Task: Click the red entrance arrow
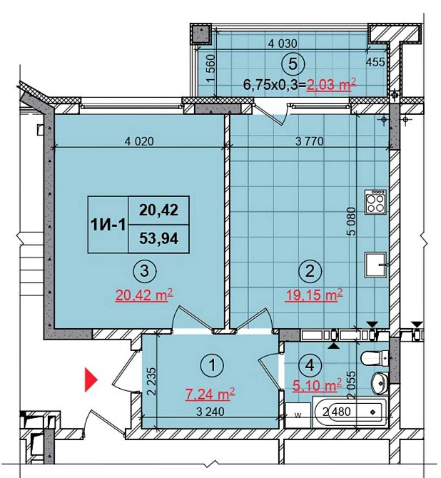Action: coord(91,380)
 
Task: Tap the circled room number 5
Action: coord(293,64)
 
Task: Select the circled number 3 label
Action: coord(145,270)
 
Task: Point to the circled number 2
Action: coord(310,270)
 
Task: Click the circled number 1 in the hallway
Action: coord(213,365)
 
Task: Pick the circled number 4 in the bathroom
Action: coord(310,365)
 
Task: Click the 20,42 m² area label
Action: coord(145,295)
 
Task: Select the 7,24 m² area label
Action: coord(211,395)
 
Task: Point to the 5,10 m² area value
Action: coord(317,385)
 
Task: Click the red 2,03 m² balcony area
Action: coord(332,84)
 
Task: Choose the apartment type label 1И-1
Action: coord(108,225)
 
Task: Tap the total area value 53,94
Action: coord(158,238)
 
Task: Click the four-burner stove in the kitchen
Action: coord(376,201)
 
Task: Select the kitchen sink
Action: coord(377,265)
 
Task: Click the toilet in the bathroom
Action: coord(375,358)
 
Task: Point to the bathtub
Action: coord(350,412)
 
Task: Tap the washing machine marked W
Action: coord(298,415)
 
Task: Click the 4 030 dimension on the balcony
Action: coord(283,44)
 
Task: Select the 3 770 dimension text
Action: coord(309,141)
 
